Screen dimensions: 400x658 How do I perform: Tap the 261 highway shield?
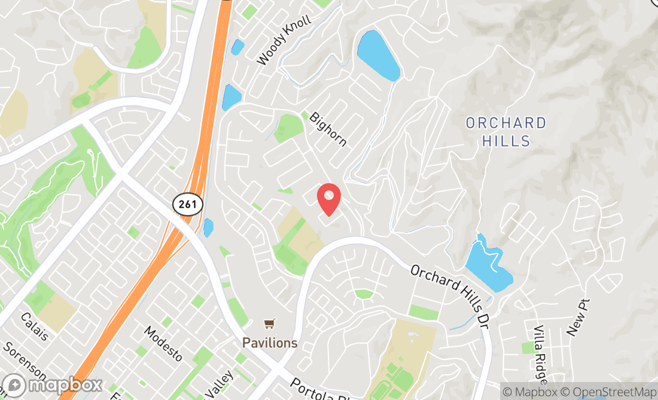pyautogui.click(x=188, y=204)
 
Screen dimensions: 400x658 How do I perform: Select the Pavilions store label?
pyautogui.click(x=270, y=343)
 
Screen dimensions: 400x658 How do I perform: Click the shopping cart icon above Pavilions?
pyautogui.click(x=270, y=324)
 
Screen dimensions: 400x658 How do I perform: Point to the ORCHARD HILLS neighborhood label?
pyautogui.click(x=506, y=132)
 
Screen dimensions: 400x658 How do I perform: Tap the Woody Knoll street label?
pyautogui.click(x=284, y=41)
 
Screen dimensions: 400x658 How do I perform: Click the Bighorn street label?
pyautogui.click(x=328, y=129)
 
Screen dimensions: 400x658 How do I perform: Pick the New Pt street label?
pyautogui.click(x=578, y=317)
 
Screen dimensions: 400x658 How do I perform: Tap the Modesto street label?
pyautogui.click(x=163, y=343)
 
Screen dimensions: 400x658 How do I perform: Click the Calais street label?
pyautogui.click(x=33, y=327)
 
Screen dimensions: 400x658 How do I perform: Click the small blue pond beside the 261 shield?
pyautogui.click(x=208, y=228)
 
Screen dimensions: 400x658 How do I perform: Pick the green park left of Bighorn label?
pyautogui.click(x=289, y=128)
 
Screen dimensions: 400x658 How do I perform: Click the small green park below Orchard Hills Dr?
pyautogui.click(x=364, y=294)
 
